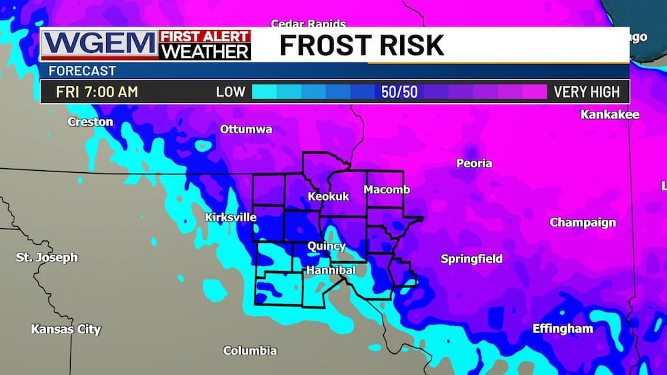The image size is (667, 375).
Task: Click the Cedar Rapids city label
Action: pos(308,25)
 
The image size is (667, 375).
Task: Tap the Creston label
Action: pos(91,122)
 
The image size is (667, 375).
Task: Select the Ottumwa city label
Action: pos(246,129)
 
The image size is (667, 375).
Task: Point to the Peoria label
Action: pos(474,163)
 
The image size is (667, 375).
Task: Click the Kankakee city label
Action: pos(609,114)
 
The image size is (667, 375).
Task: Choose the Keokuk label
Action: pos(328,196)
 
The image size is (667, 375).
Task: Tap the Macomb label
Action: pos(387,189)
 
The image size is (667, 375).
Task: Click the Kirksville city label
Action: pos(231,217)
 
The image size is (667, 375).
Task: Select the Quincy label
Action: pos(327,246)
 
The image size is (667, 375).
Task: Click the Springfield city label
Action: pos(472,259)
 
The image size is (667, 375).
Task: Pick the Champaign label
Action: pos(583,223)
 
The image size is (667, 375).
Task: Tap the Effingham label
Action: pos(562,329)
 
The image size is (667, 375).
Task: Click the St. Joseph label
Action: pos(47,257)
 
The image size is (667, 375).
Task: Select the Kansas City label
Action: pos(66,329)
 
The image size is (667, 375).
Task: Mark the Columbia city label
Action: pos(250,350)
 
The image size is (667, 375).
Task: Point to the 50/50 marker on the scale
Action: pos(400,92)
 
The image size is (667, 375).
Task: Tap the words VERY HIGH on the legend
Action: pos(587,92)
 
